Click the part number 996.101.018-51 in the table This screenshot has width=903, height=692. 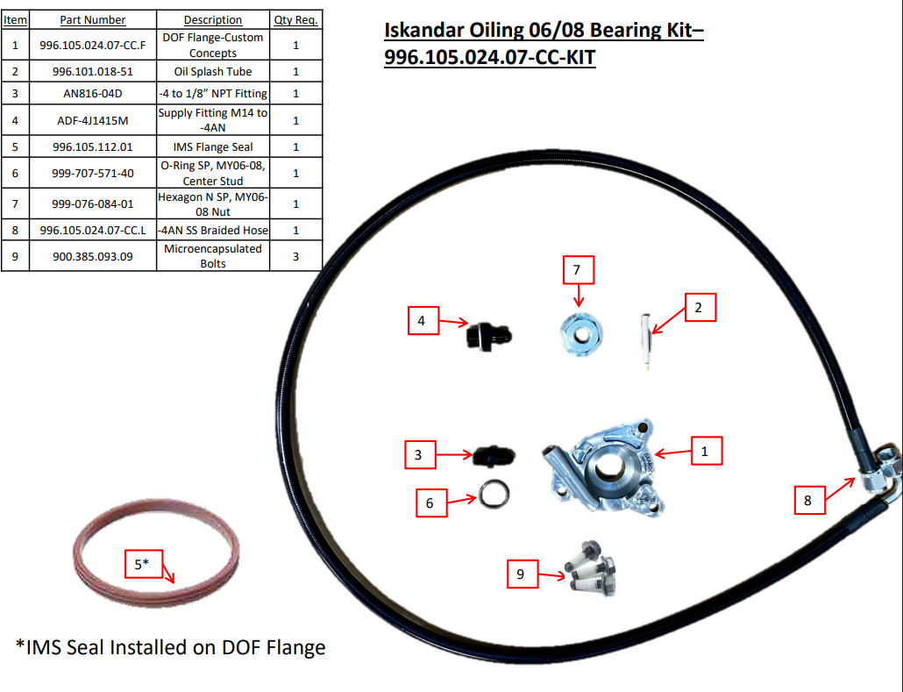tap(92, 71)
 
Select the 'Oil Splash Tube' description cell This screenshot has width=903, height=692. tap(213, 71)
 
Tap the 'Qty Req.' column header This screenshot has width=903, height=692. tap(295, 19)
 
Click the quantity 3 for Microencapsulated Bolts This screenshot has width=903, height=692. tap(295, 256)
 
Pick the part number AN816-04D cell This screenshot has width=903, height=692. tap(92, 93)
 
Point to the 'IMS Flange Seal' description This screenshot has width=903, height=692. tap(213, 146)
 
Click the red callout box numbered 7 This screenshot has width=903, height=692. tap(578, 270)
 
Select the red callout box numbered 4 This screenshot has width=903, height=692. tap(422, 321)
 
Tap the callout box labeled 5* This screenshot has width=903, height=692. tap(142, 565)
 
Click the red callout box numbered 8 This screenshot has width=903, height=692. tap(807, 501)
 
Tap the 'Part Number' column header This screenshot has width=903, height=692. tap(92, 19)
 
